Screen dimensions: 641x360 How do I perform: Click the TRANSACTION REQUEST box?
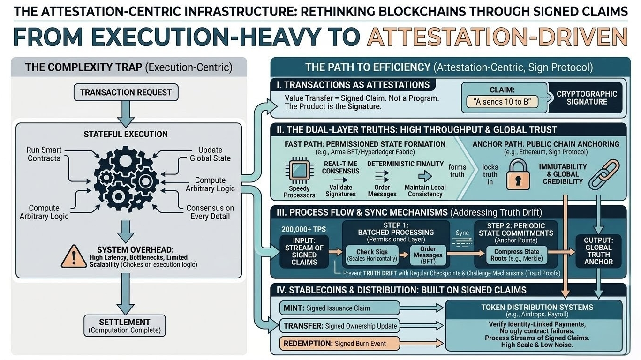pos(126,92)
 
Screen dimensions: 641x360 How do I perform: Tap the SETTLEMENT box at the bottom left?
pos(125,326)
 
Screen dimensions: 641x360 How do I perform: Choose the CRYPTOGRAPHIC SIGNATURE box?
pos(587,98)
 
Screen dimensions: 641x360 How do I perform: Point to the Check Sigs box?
pos(372,255)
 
